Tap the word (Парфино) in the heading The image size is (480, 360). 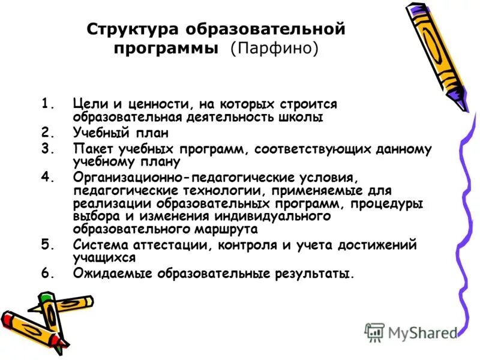pyautogui.click(x=274, y=48)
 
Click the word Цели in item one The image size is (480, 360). pyautogui.click(x=88, y=104)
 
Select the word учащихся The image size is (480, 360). pyautogui.click(x=104, y=258)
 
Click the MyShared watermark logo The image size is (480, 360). pyautogui.click(x=411, y=332)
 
